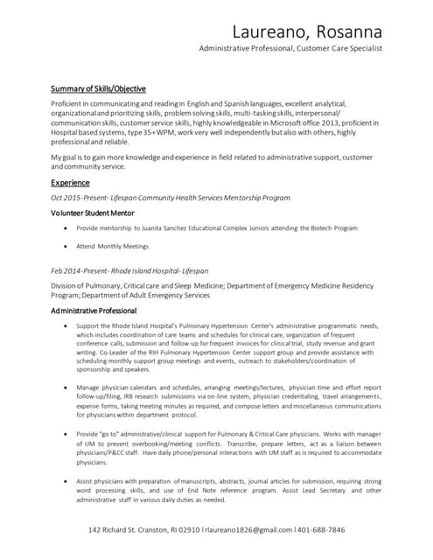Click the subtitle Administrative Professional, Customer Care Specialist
pyautogui.click(x=290, y=49)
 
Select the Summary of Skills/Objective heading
pyautogui.click(x=98, y=88)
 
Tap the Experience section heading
pyautogui.click(x=70, y=183)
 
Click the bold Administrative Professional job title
pyautogui.click(x=94, y=311)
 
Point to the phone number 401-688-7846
pyautogui.click(x=321, y=529)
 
